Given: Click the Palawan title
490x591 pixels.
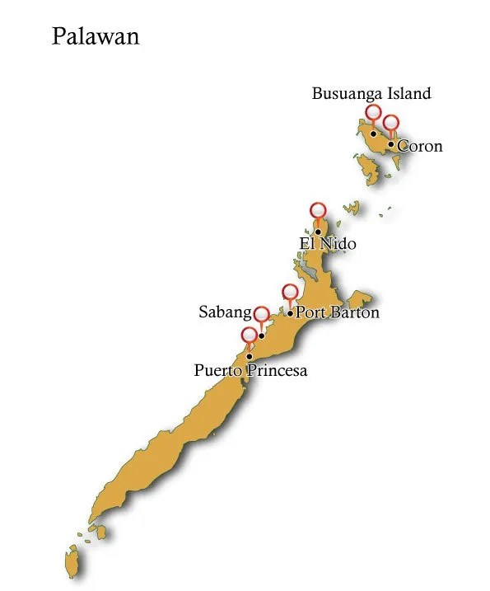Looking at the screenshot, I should (x=95, y=36).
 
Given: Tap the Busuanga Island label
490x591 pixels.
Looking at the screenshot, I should (x=371, y=93).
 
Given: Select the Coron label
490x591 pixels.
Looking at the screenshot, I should (x=420, y=147).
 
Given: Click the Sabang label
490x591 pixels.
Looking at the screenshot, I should (x=225, y=312).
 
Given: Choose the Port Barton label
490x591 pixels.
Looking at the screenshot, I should (x=338, y=312).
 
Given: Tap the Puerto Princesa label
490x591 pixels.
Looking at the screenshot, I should (x=250, y=370).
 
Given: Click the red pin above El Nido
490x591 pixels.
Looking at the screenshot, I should (x=318, y=210).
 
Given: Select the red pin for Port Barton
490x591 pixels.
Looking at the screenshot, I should (x=290, y=292).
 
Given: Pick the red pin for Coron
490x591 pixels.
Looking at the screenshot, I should (x=391, y=123).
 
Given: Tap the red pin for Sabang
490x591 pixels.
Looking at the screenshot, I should (x=262, y=314).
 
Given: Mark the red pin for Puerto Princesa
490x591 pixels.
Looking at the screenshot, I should (x=249, y=335).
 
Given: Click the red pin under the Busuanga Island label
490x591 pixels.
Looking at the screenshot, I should (x=373, y=112).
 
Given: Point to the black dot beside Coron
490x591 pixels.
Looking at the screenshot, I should (x=391, y=144).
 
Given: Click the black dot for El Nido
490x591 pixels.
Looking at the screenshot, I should (x=318, y=232).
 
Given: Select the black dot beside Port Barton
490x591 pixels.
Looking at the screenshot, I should (x=290, y=313).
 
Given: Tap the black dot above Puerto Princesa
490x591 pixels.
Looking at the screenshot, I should (x=249, y=356).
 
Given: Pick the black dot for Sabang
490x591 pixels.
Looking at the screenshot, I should (x=261, y=335).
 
